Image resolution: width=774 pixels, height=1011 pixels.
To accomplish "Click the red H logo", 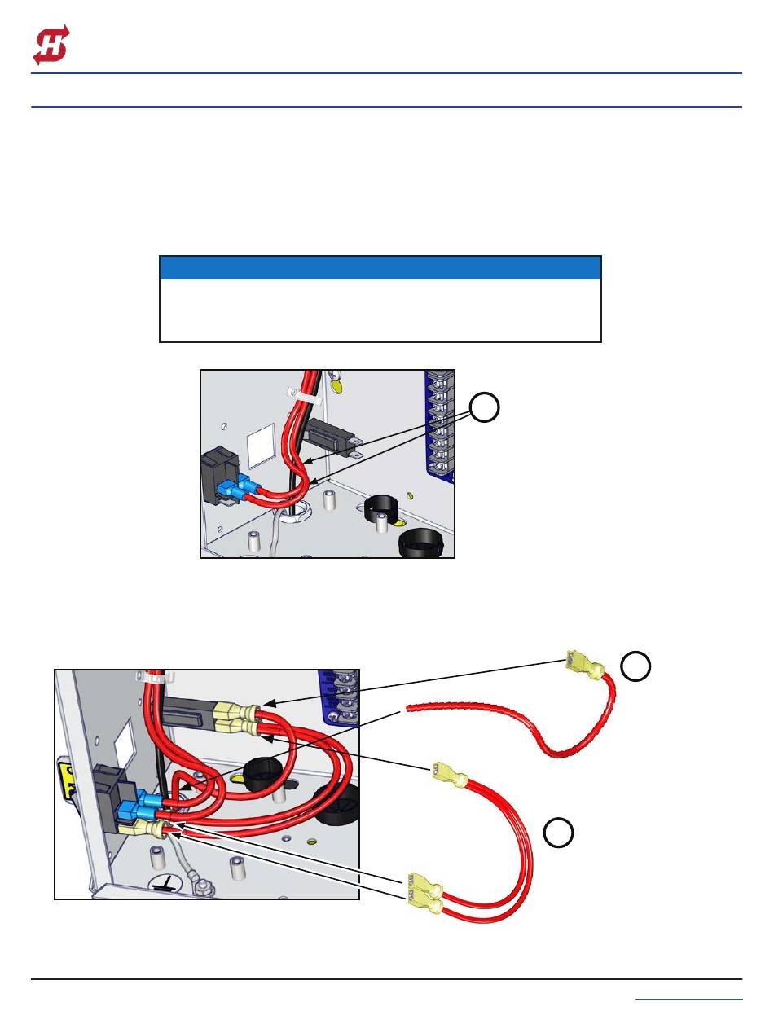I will (51, 44).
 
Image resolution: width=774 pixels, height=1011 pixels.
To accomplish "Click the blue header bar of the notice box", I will (380, 268).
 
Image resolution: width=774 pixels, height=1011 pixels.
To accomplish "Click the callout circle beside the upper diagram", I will (485, 408).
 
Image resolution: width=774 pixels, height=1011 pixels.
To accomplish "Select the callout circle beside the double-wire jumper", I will (559, 833).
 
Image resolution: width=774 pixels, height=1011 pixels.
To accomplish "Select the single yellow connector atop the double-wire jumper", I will (446, 773).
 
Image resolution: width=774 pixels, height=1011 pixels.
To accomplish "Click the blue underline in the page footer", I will (688, 998).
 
